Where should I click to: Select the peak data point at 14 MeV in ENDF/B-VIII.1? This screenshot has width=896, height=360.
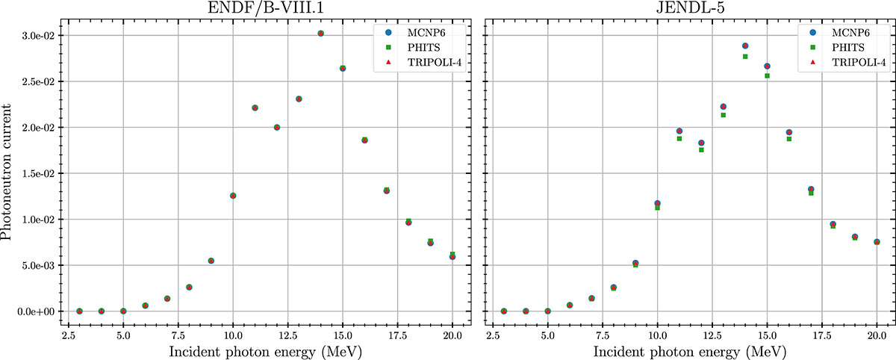coord(321,34)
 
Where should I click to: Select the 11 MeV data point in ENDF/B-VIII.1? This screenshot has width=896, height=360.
coord(255,108)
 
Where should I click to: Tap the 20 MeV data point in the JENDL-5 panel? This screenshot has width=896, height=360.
coord(877,242)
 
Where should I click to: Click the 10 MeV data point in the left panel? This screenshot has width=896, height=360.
coord(233,196)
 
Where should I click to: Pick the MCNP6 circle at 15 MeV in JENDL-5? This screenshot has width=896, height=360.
coord(767,66)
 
